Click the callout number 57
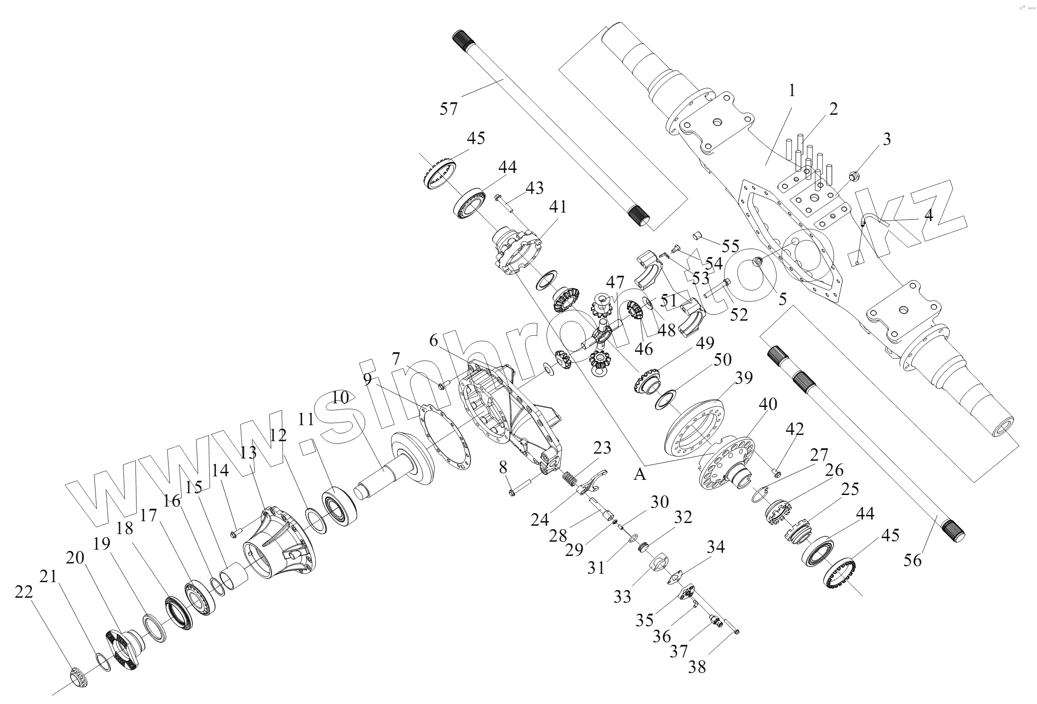pyautogui.click(x=448, y=109)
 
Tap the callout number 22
pyautogui.click(x=24, y=592)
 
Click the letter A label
pyautogui.click(x=640, y=475)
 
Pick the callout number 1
pyautogui.click(x=792, y=91)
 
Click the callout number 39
pyautogui.click(x=744, y=378)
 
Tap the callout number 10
pyautogui.click(x=339, y=398)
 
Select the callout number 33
pyautogui.click(x=622, y=596)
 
